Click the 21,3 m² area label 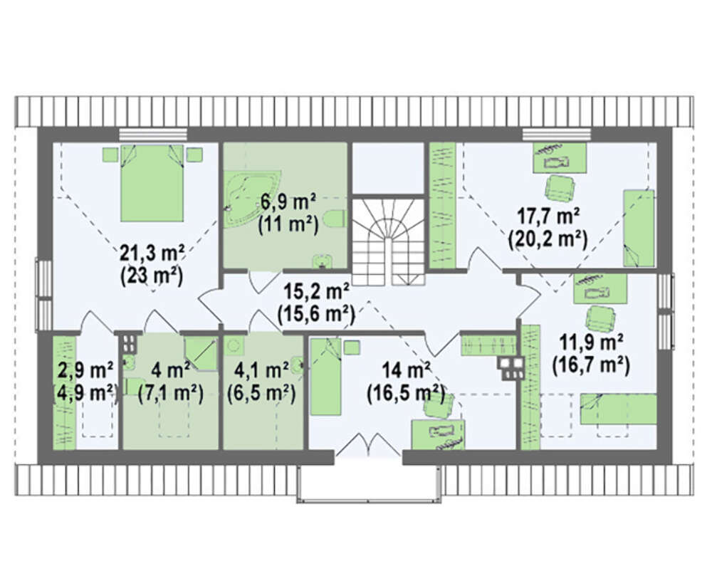tap(152, 253)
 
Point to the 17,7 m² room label tap(548, 216)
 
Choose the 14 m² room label tap(406, 370)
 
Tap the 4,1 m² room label tap(261, 370)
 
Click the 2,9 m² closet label tap(86, 370)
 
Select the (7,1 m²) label tap(171, 393)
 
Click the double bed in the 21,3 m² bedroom tap(152, 183)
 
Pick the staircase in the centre tap(389, 241)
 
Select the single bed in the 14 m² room tap(325, 377)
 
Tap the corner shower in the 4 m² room tap(201, 353)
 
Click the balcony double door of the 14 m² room tap(368, 444)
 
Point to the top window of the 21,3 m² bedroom tap(153, 135)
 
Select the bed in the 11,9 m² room tap(619, 409)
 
